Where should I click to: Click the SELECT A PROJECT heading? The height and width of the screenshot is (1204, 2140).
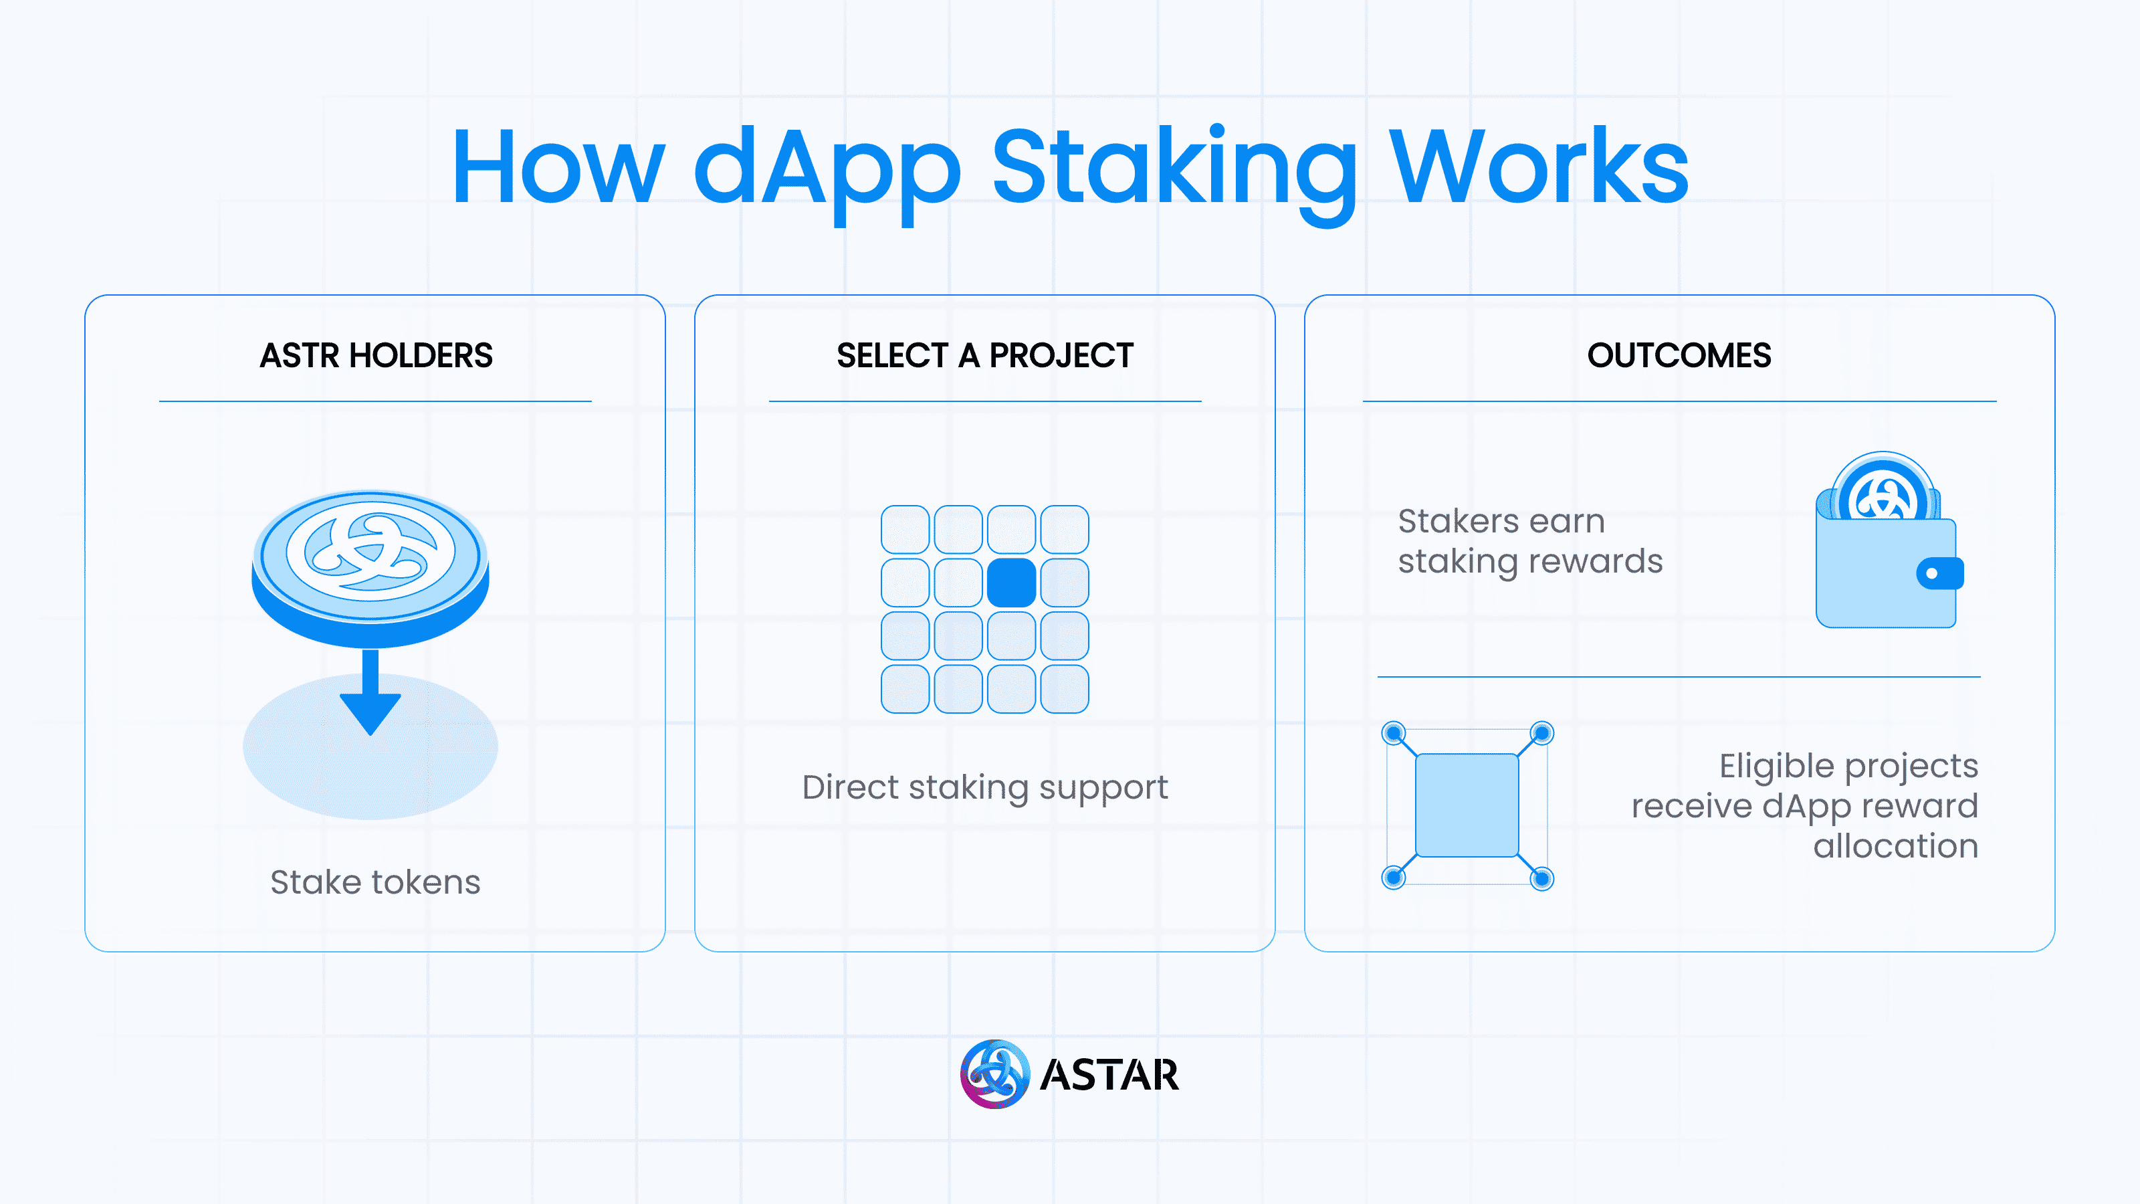[984, 356]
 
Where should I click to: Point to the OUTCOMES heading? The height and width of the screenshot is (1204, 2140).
[1679, 356]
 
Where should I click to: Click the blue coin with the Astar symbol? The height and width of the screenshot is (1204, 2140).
[370, 565]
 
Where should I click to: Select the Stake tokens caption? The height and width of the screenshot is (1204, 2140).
[375, 882]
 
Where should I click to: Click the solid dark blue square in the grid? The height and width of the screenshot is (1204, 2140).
[1011, 583]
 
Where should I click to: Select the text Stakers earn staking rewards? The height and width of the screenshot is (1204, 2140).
[1530, 541]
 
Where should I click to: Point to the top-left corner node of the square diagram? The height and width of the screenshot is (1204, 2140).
[1393, 733]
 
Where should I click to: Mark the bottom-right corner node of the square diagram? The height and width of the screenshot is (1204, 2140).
[1542, 878]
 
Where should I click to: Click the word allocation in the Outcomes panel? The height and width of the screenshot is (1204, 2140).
[1895, 846]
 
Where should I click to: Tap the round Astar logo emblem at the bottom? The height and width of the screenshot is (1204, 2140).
[994, 1074]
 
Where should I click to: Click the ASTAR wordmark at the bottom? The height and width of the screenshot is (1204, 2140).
[1109, 1075]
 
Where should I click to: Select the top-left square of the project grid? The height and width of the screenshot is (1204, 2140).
[905, 529]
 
